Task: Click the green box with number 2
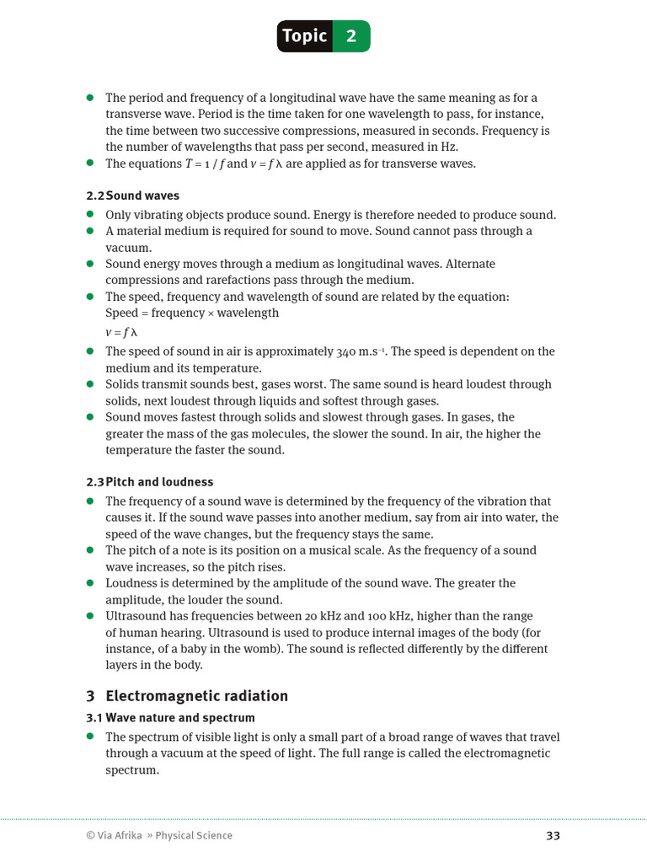coord(351,36)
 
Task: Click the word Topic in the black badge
coord(305,36)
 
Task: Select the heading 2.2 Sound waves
coord(132,196)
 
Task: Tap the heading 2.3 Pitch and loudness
coord(149,482)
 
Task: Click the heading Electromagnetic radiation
coord(196,696)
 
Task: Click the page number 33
coord(553,835)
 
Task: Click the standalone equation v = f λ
coord(121,332)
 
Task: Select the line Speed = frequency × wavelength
coord(192,313)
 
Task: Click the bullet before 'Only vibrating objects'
coord(90,215)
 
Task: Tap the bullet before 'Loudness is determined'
coord(90,583)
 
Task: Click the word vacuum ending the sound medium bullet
coord(128,248)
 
